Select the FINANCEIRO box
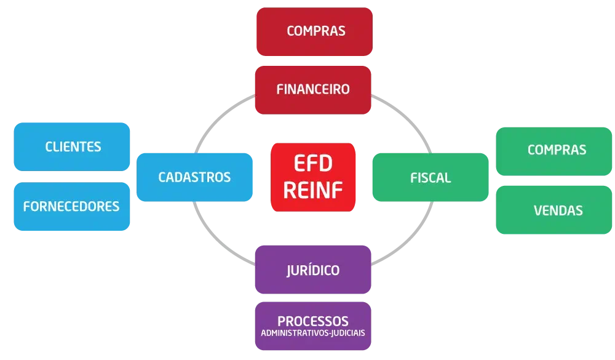point(313,89)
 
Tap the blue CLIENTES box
point(73,146)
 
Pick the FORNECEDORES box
point(71,206)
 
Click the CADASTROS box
point(194,177)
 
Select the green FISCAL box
point(430,178)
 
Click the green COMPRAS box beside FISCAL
point(556,150)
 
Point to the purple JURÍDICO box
point(313,270)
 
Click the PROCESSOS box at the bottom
point(313,326)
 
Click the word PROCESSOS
point(313,321)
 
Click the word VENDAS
point(558,210)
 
